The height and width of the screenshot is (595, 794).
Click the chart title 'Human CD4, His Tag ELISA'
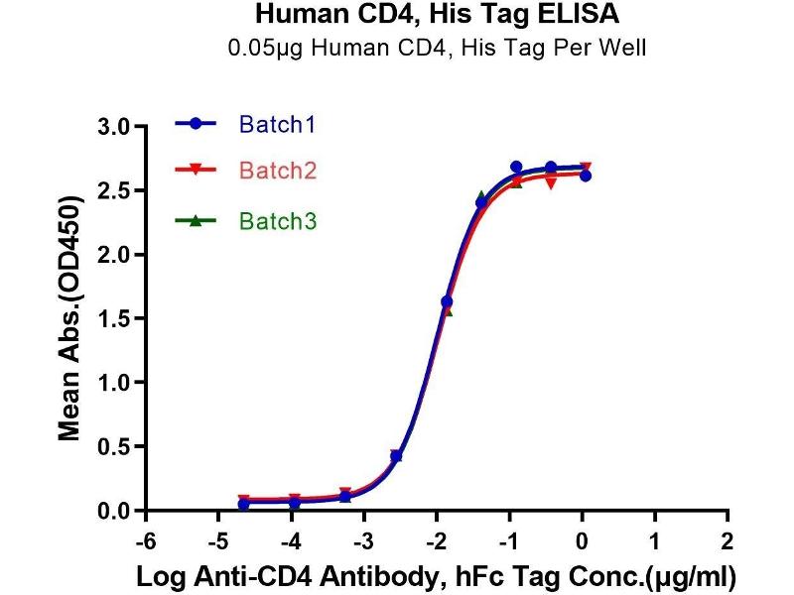coord(437,15)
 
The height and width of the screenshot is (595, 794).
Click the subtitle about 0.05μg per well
coord(437,48)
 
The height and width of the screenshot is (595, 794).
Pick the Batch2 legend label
coord(278,171)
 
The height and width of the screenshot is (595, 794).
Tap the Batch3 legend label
coord(278,222)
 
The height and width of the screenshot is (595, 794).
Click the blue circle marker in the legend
coord(197,124)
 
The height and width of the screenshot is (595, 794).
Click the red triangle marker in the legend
coord(197,171)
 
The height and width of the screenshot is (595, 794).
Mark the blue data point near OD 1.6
coord(447,301)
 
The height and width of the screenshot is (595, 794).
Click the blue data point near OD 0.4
coord(396,455)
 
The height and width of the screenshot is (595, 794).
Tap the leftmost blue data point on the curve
coord(244,504)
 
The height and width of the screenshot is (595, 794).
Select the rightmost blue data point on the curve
coord(586,176)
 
